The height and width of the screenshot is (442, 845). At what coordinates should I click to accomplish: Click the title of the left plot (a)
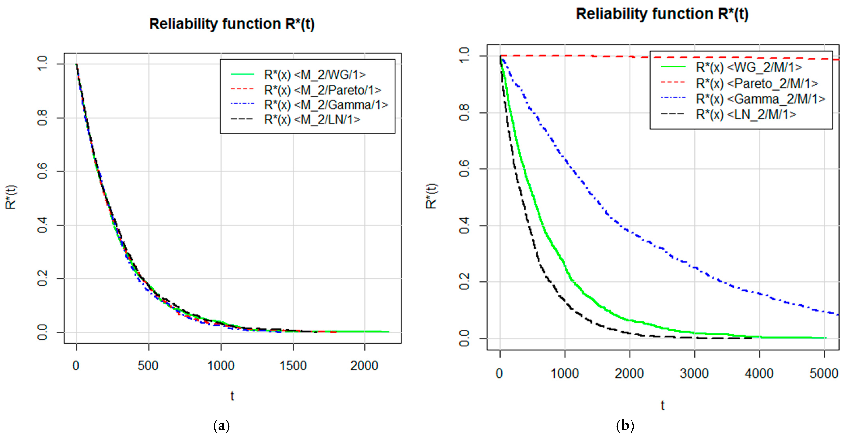click(x=232, y=24)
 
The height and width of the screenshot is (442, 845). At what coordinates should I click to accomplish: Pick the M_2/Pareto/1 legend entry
click(x=322, y=90)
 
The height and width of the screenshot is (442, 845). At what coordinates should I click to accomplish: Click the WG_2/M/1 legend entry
click(x=749, y=67)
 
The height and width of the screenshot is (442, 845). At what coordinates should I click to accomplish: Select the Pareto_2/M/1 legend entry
click(x=757, y=83)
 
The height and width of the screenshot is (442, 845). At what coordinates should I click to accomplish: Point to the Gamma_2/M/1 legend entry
click(x=760, y=99)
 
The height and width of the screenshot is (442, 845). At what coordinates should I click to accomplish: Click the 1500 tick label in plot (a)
click(x=293, y=366)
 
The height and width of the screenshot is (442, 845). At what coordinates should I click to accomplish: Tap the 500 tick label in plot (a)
click(x=148, y=366)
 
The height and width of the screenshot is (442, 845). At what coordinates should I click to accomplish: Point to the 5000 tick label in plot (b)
click(x=824, y=374)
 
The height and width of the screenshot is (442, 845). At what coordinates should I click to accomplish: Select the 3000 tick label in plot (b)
click(x=694, y=374)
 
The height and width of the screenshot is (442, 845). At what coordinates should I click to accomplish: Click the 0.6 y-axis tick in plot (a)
click(x=43, y=171)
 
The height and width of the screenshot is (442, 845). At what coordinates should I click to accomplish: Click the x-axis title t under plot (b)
click(x=662, y=406)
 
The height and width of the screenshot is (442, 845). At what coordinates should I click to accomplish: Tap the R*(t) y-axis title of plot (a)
click(x=11, y=197)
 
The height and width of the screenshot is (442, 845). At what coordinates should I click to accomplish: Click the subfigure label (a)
click(x=221, y=426)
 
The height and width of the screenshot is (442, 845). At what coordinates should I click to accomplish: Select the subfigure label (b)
click(x=625, y=426)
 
